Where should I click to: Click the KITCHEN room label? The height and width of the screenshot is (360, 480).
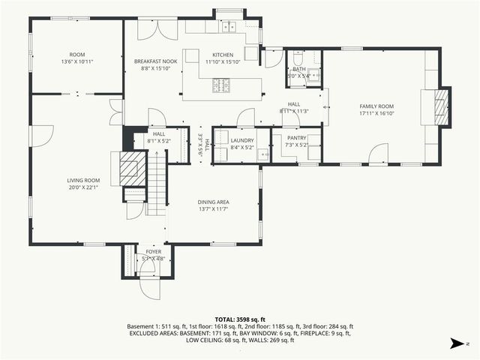point(223,55)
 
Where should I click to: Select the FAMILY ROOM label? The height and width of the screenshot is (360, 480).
point(376,106)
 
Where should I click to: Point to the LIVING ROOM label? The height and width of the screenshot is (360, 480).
point(83,180)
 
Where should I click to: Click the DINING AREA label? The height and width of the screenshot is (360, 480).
point(213,202)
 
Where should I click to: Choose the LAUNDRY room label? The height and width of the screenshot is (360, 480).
point(242,140)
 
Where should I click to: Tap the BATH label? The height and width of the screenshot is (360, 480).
point(299,69)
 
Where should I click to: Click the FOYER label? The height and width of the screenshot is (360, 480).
point(153,252)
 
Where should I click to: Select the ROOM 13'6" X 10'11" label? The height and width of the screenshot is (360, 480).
point(77,55)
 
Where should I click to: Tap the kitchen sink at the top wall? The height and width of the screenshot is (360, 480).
point(226,27)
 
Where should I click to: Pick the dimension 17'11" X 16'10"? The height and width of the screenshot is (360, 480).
point(376,113)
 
